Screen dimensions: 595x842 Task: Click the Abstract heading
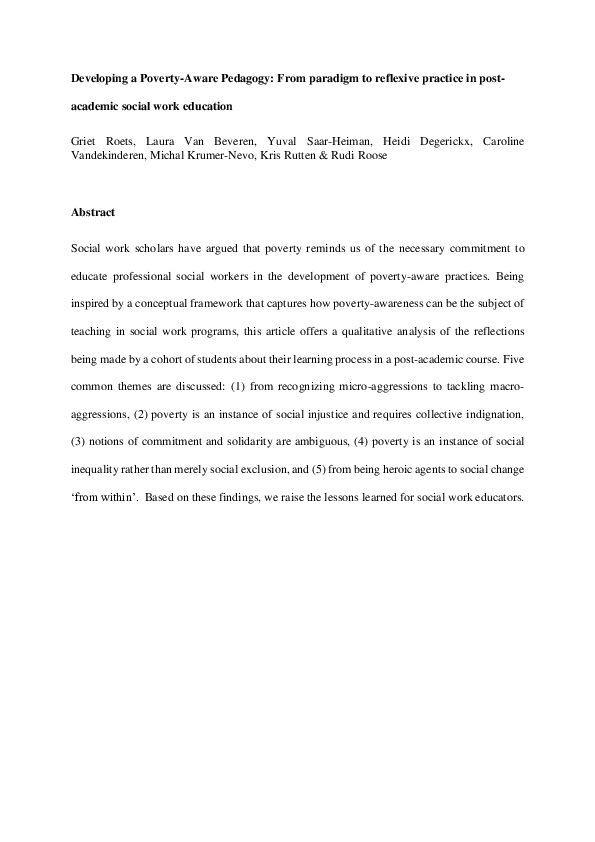point(93,212)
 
